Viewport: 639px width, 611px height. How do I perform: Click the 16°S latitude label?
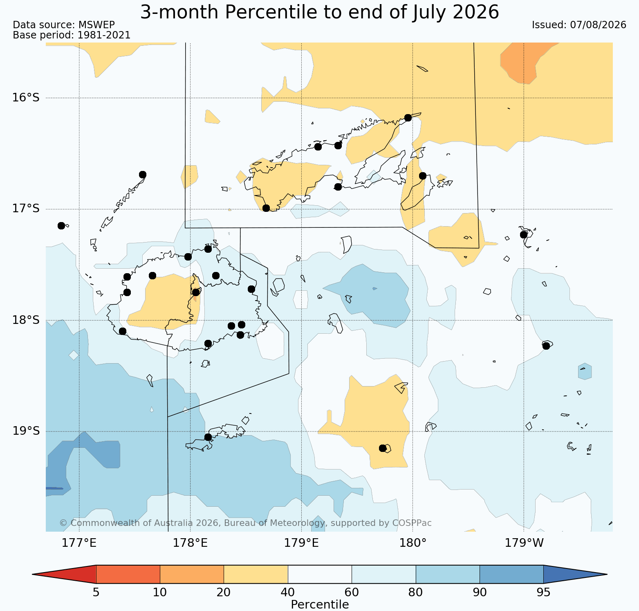point(26,98)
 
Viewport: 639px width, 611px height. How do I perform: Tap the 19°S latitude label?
point(26,431)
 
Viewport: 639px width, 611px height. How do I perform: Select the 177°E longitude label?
point(79,543)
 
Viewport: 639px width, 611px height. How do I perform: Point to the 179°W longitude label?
point(524,543)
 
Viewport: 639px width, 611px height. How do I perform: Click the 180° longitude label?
point(413,543)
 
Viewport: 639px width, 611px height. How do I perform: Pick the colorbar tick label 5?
point(96,593)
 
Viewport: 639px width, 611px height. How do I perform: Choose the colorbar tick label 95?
point(543,593)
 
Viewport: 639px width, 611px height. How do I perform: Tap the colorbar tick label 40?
point(288,593)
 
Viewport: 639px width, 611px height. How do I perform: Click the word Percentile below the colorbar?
point(320,604)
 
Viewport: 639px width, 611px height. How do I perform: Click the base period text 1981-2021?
point(104,35)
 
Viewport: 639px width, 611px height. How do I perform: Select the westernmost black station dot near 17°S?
point(61,226)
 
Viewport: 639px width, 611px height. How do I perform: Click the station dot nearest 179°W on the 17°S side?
point(524,234)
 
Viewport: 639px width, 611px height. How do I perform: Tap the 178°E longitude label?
point(190,543)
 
